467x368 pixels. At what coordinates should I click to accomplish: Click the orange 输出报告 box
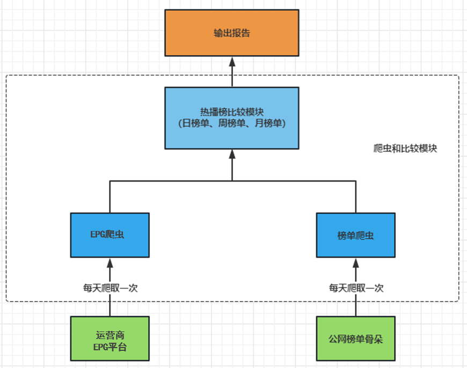point(231,33)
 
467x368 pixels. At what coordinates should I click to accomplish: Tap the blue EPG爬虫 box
point(110,235)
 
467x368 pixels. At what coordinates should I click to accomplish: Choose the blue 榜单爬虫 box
point(355,235)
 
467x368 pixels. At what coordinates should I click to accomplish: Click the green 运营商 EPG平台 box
point(110,338)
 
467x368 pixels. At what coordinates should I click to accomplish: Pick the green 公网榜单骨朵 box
point(355,338)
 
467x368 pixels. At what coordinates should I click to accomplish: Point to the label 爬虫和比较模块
point(405,148)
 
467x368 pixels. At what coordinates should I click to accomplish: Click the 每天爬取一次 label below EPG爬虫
point(110,287)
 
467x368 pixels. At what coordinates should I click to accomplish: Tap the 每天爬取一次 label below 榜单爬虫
point(356,287)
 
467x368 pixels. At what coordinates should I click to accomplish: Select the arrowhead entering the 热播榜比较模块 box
point(232,154)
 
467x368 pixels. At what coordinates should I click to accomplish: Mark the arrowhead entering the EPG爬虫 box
point(110,262)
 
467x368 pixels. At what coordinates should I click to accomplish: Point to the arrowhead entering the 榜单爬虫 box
point(356,262)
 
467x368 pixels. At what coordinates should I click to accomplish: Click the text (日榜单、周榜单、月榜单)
point(232,123)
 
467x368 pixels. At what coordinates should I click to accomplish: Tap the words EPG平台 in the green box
point(110,347)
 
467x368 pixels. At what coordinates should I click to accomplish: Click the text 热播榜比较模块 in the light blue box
point(232,112)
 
